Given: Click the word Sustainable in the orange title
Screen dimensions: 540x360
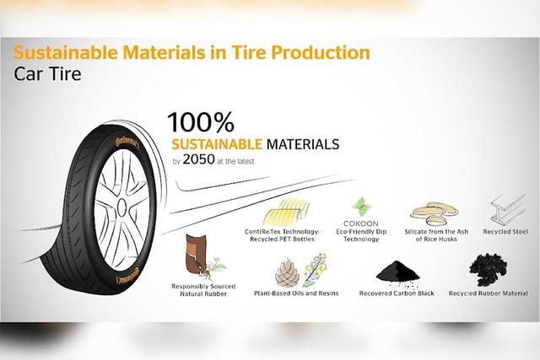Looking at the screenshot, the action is (x=65, y=52).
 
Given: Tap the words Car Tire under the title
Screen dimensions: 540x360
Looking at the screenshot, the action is (x=47, y=74).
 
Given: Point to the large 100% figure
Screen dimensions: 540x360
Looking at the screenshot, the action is (x=201, y=122).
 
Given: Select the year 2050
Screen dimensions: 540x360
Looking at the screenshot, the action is (x=199, y=159).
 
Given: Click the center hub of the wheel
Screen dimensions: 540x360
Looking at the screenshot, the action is (x=121, y=208).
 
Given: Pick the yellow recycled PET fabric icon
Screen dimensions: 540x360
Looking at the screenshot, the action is (x=287, y=212).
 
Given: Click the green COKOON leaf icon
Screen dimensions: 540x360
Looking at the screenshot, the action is (x=361, y=207).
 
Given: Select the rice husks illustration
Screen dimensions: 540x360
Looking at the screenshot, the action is (x=435, y=213).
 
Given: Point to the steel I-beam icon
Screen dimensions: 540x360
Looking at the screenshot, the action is (x=509, y=208).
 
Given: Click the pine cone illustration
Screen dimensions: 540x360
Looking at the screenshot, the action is (x=287, y=272).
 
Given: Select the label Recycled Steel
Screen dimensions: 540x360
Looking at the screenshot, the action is (x=505, y=232).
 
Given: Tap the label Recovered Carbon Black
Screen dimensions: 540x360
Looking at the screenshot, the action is (x=397, y=293).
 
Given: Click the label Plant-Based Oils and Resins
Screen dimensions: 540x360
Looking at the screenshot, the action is (x=296, y=293).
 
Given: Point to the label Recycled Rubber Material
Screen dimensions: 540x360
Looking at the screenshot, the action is (x=488, y=293).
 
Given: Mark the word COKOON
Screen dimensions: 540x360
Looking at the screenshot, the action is (x=361, y=223).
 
